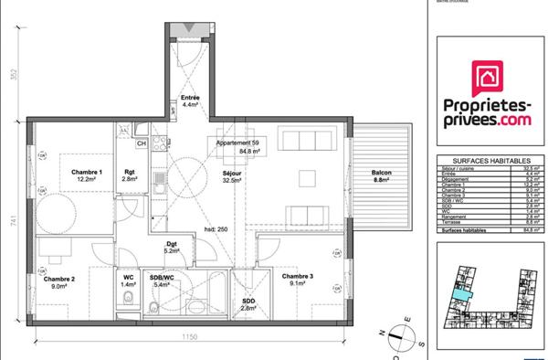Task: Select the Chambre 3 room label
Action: coord(297,276)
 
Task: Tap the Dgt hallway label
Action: coord(171,243)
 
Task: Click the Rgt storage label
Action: coord(130,173)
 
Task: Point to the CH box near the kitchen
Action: coord(142,143)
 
